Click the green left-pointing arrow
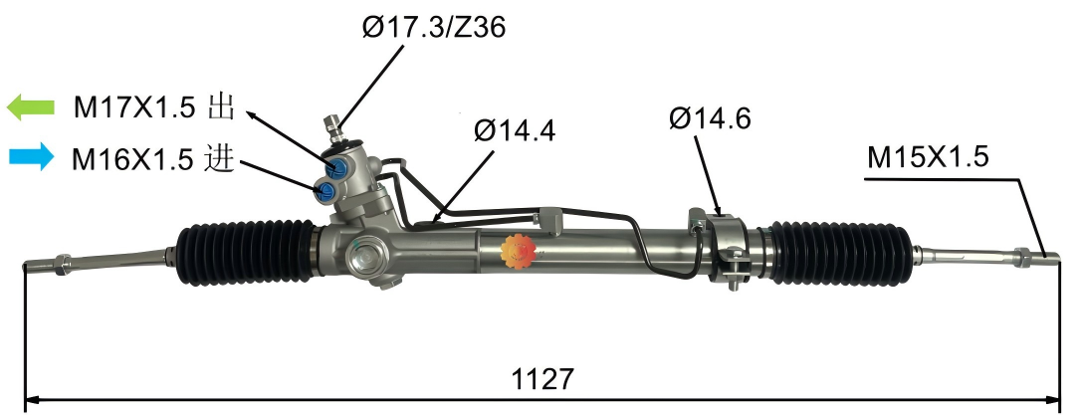click(x=29, y=106)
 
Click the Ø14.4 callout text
click(x=514, y=129)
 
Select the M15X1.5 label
click(x=927, y=156)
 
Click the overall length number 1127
click(x=542, y=378)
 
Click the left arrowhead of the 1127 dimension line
click(x=30, y=401)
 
